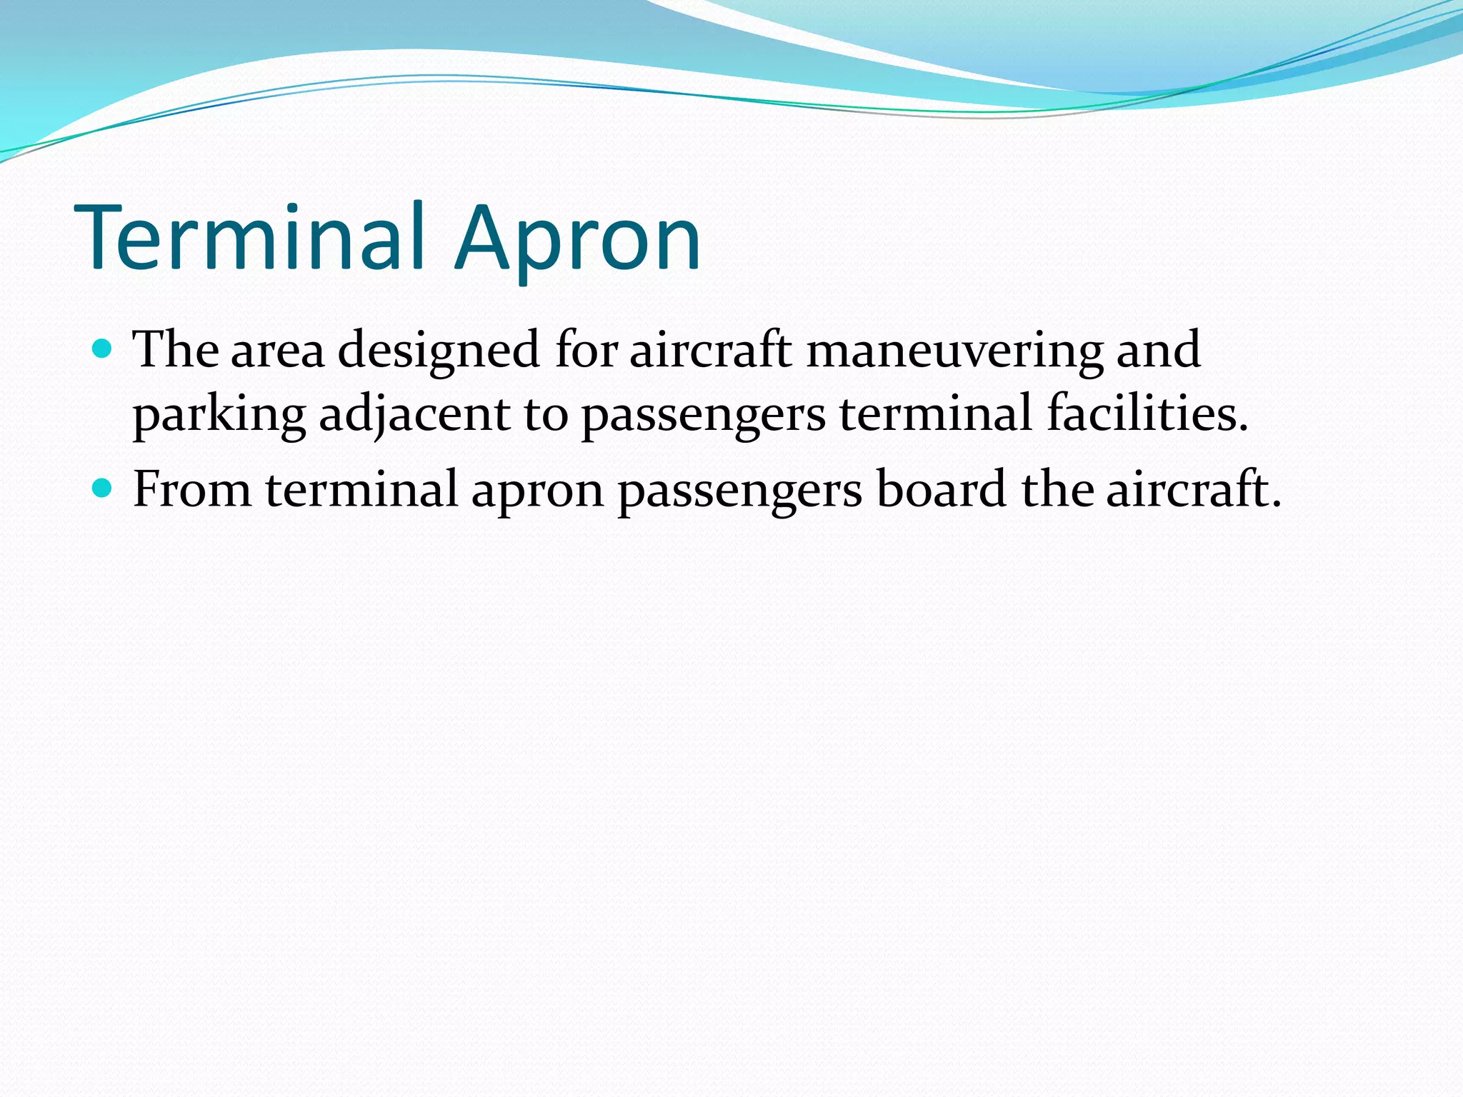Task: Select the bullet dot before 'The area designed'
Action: coord(103,349)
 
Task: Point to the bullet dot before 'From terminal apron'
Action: coord(103,489)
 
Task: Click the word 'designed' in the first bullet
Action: coord(438,351)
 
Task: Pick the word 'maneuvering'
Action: coord(954,351)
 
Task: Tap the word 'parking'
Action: coord(219,416)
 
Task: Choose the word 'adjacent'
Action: coord(414,416)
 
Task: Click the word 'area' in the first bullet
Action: coord(277,351)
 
